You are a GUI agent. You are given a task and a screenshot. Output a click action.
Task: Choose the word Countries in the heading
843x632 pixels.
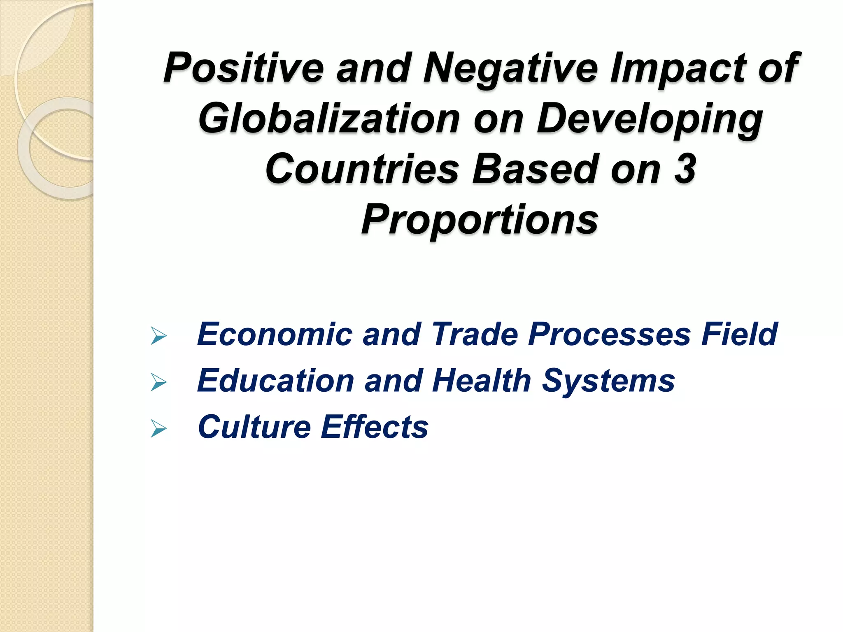(362, 169)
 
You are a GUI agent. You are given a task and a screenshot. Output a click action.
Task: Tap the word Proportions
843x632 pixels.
(480, 220)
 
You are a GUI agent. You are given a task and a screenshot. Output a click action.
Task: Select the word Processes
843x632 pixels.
(610, 334)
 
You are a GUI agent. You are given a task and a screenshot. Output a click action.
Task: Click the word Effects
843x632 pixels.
(375, 427)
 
